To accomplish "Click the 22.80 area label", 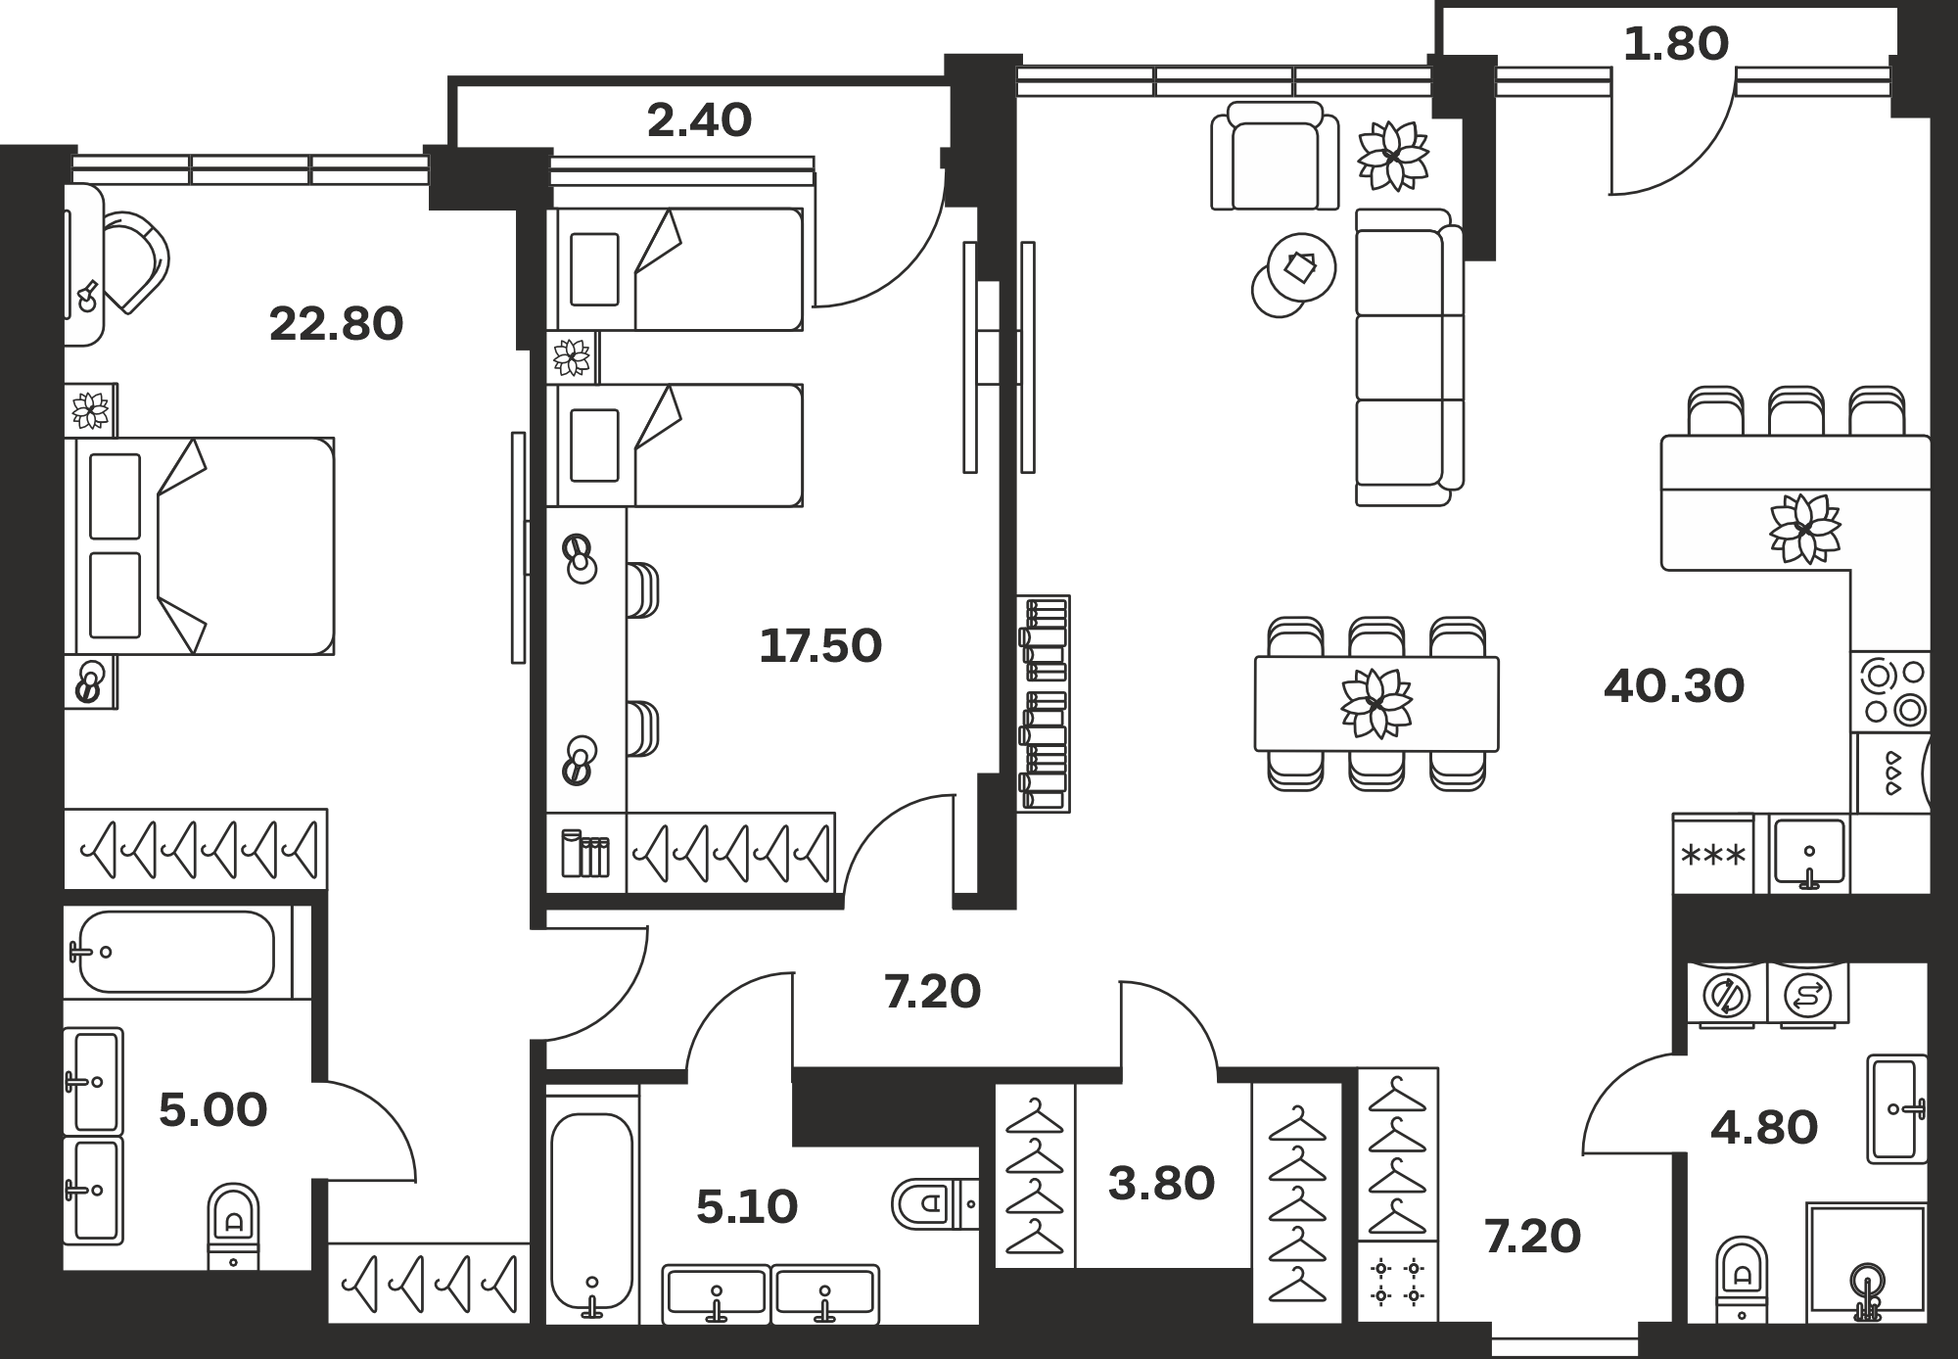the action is (x=336, y=324).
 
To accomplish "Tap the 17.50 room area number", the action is (x=820, y=646).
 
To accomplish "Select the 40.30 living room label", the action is (x=1674, y=686).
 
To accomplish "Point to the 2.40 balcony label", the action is (x=699, y=120).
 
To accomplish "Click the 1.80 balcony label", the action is (x=1676, y=44).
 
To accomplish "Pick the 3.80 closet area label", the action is (x=1161, y=1184).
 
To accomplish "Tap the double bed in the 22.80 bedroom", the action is (x=200, y=546).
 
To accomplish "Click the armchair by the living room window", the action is (x=1275, y=156).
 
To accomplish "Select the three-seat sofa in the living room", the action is (x=1410, y=357).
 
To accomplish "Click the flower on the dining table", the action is (x=1376, y=702).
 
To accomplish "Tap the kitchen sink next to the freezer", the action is (x=1810, y=854).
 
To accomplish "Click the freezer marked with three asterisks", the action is (x=1712, y=854).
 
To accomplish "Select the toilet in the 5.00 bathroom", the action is (x=234, y=1228).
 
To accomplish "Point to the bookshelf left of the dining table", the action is (x=1044, y=703).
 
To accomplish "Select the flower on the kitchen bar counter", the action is (x=1804, y=529).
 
